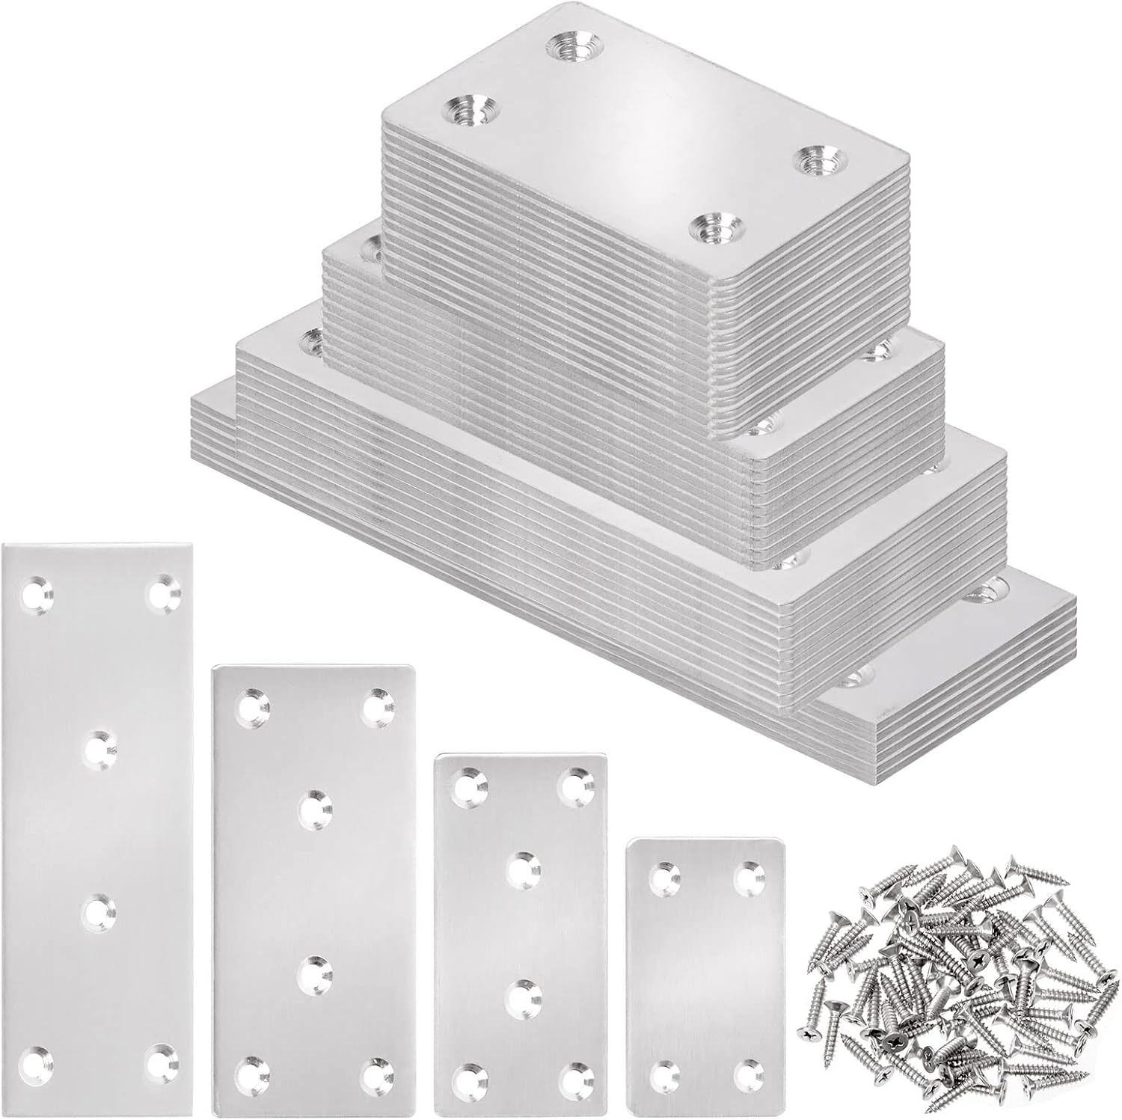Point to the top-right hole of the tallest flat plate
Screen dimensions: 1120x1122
pos(164,595)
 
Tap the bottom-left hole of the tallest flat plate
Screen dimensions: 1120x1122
pos(36,1060)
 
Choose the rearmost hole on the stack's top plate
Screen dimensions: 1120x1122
pos(573,43)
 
